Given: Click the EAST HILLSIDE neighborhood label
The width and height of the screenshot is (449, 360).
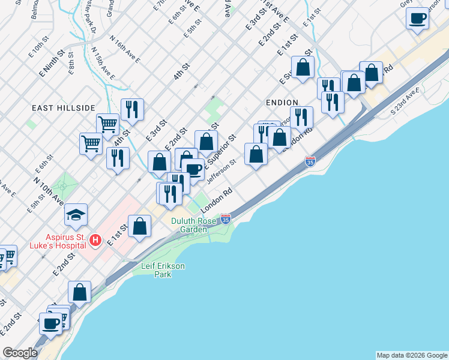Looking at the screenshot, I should point(64,107).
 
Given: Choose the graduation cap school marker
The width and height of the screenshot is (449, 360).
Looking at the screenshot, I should point(76,215).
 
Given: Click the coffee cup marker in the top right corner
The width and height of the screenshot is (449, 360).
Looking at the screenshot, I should point(417,18).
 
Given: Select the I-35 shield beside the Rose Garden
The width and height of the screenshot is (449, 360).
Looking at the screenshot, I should point(226,219).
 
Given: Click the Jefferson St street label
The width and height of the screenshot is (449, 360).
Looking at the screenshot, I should point(221,170).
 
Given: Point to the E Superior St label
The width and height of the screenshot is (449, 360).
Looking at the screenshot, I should point(221,150).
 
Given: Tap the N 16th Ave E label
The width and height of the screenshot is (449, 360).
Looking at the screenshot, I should point(125,50).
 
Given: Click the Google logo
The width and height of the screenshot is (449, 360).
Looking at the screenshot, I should point(20,353).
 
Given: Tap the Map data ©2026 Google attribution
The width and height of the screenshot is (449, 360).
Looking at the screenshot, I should point(411,355).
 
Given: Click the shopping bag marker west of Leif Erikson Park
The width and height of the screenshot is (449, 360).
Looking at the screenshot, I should point(79,292).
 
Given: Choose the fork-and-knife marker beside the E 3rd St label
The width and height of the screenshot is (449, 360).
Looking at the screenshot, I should point(132,109).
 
